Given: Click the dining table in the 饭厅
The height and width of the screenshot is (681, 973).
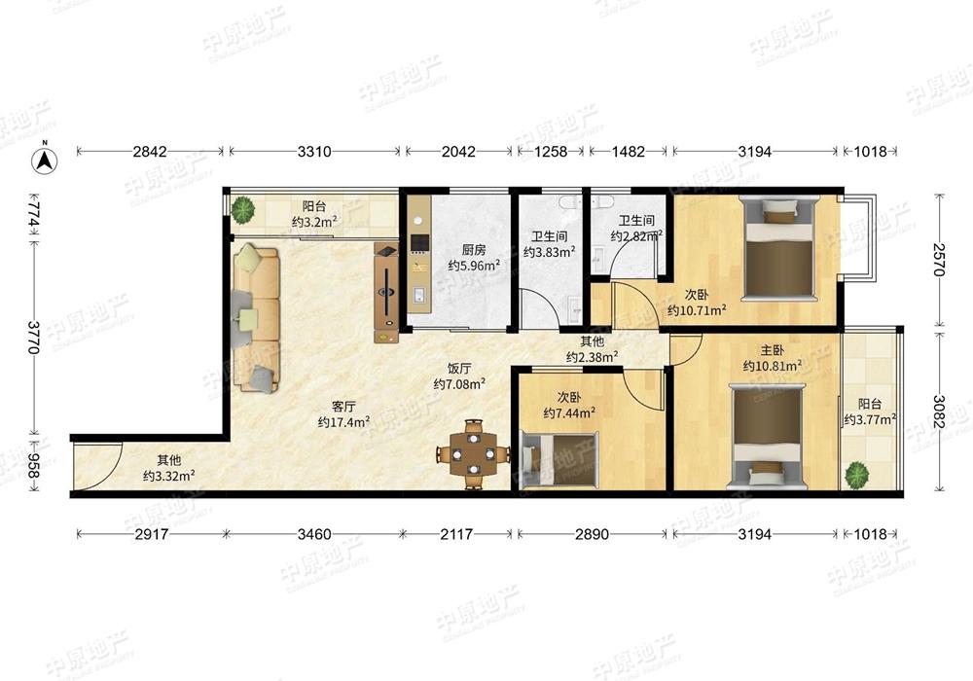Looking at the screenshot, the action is [x=474, y=454].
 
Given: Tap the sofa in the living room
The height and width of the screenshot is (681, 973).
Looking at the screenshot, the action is [x=255, y=318].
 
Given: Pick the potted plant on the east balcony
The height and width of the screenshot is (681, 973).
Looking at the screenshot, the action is [x=857, y=475].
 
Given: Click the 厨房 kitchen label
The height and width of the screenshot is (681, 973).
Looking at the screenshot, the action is [x=474, y=250].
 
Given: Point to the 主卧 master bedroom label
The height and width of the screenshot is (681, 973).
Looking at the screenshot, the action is [x=772, y=350].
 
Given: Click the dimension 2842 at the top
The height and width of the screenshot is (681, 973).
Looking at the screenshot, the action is [x=150, y=152].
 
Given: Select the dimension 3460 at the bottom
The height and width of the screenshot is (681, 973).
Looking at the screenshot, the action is [x=314, y=534].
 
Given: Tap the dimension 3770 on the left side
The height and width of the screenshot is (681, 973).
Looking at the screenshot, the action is [x=34, y=337].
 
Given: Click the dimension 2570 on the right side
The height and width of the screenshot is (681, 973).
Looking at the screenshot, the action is [x=938, y=259].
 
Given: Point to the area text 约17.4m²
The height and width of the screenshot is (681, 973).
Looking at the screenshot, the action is [x=343, y=422].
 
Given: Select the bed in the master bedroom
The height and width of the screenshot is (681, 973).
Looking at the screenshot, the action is [x=769, y=437].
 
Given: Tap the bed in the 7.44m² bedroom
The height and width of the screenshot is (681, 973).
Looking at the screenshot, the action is [x=560, y=459].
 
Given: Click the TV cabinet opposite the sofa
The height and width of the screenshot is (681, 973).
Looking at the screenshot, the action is [x=387, y=292].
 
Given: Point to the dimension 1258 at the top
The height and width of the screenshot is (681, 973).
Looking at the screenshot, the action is [x=550, y=152].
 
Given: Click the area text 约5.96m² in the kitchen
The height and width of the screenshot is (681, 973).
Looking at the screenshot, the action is [x=474, y=266].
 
